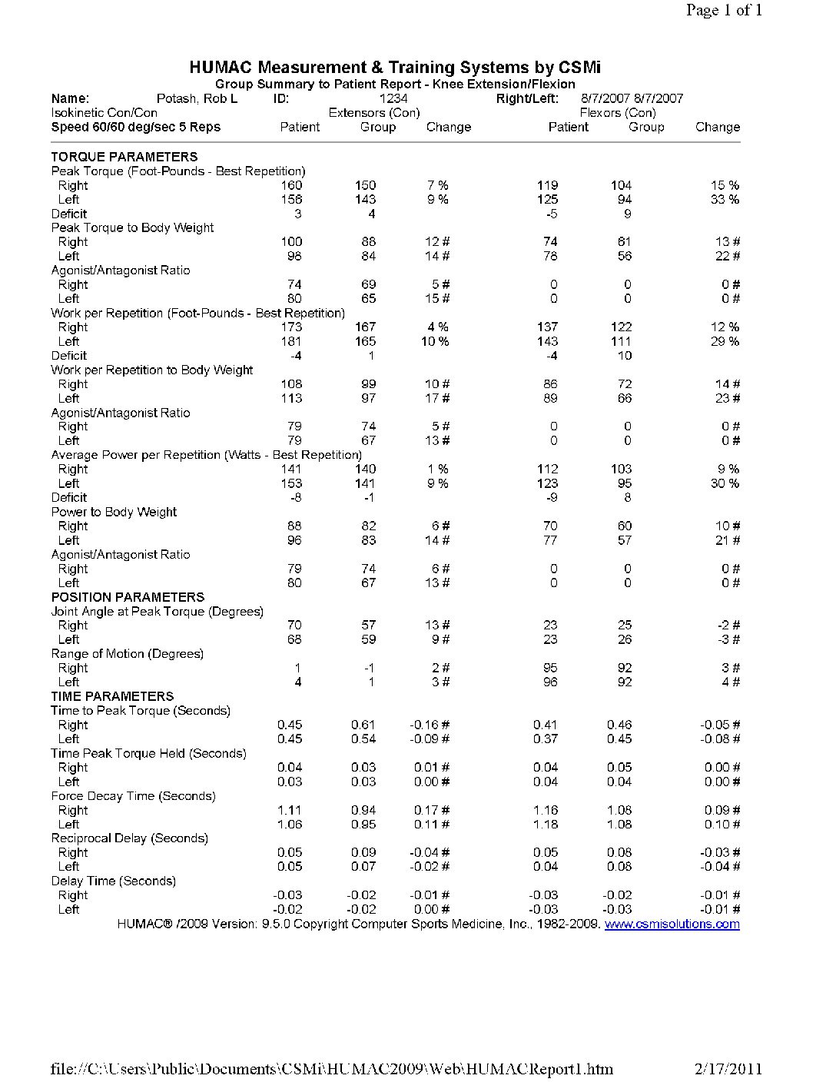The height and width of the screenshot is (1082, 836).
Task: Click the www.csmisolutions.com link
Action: pos(672,924)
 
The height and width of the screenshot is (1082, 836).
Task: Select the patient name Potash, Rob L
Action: pos(197,98)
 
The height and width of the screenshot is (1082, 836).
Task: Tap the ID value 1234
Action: pos(393,98)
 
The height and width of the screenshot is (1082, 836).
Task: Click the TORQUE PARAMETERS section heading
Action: pos(124,157)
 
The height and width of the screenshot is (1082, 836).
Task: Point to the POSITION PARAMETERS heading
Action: pos(128,597)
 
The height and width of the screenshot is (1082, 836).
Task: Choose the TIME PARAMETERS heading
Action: pos(112,696)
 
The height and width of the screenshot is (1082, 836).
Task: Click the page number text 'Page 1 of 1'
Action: pos(724,10)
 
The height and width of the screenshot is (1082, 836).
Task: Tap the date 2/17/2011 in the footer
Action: pos(728,1068)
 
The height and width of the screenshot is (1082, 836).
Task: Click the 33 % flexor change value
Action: pos(725,200)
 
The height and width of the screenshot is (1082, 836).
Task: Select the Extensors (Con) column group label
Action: pos(374,113)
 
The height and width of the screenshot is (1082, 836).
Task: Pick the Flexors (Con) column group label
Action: pos(618,113)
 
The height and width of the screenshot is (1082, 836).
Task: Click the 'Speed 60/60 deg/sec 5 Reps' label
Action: pos(135,128)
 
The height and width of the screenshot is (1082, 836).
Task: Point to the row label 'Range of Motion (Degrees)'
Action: pos(127,654)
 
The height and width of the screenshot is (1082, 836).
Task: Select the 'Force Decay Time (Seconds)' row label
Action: pos(133,796)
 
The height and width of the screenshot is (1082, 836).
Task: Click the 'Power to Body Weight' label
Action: pos(114,512)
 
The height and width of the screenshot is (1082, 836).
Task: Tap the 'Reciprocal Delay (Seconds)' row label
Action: pos(129,838)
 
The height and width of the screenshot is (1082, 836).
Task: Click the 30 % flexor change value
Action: pos(725,483)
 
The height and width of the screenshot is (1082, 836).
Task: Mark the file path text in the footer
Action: pos(332,1068)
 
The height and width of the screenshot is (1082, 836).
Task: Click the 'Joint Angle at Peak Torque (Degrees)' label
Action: pos(157,612)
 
